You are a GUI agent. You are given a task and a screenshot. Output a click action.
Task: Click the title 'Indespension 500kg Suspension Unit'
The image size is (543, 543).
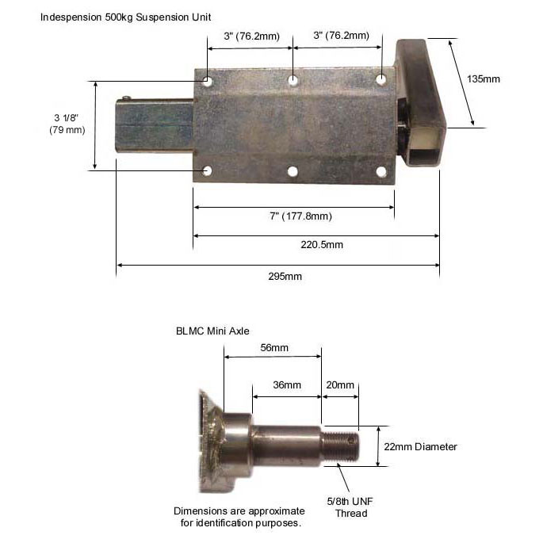[x=126, y=16]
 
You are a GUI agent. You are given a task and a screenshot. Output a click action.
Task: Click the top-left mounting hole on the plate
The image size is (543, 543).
[x=206, y=80]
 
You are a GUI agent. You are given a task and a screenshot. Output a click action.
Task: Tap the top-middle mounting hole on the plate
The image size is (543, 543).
[x=293, y=80]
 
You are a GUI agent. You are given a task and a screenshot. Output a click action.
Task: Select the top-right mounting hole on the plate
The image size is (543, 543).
[x=381, y=79]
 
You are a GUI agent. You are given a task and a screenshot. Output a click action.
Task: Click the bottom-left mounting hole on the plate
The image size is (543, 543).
[x=207, y=171]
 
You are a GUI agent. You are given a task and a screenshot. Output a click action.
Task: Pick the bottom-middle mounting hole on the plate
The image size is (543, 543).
[x=293, y=171]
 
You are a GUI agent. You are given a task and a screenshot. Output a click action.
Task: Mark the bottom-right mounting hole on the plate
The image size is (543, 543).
[x=380, y=171]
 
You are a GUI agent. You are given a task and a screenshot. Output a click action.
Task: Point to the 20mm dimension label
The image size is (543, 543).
[x=340, y=385]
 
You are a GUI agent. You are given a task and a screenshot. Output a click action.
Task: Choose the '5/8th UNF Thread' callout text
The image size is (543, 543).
[x=351, y=507]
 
